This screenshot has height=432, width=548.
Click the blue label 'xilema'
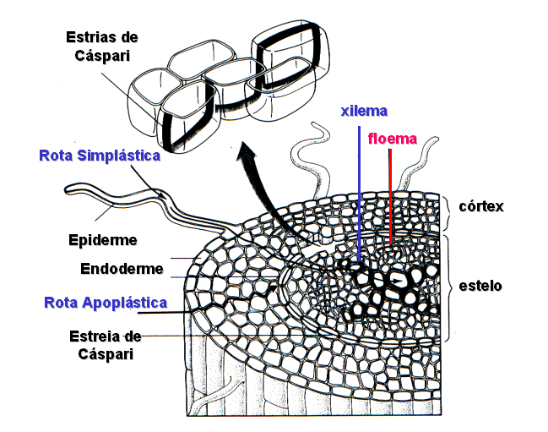(x=364, y=112)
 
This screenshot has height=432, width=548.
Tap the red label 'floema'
(x=392, y=139)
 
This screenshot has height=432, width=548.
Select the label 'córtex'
(x=481, y=206)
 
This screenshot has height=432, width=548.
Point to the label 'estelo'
(x=480, y=286)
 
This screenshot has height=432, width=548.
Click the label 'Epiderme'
(x=102, y=239)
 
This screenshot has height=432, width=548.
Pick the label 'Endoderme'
(x=117, y=272)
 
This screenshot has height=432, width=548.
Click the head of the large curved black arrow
(x=247, y=153)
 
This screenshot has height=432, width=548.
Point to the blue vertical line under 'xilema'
(x=360, y=194)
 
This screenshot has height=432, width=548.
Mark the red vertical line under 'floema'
(x=390, y=194)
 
